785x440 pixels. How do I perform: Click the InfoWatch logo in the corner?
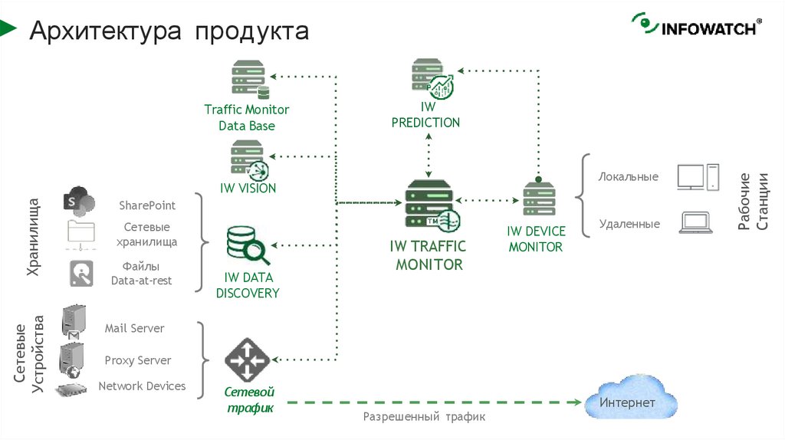click(695, 25)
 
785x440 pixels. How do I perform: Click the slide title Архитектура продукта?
click(169, 31)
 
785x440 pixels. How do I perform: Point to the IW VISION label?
click(248, 188)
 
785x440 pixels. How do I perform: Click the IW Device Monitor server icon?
click(538, 199)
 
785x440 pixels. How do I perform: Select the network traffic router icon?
click(247, 359)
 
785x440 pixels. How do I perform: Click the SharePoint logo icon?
click(79, 201)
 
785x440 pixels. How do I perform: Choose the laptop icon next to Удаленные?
click(695, 223)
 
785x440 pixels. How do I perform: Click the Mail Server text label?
click(135, 328)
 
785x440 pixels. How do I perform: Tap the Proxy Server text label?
click(138, 360)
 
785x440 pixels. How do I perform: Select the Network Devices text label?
click(142, 386)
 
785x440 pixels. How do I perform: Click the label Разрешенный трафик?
click(424, 417)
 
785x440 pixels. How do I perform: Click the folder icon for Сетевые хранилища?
click(80, 232)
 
